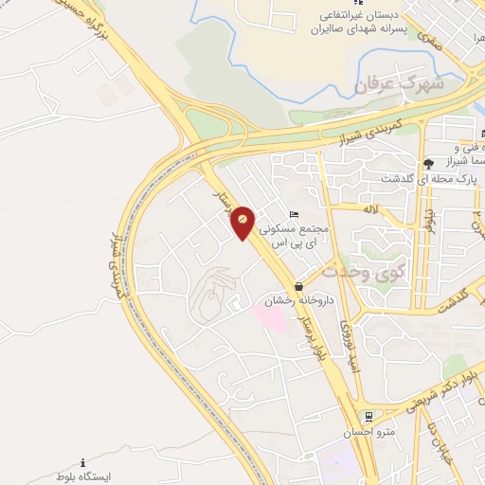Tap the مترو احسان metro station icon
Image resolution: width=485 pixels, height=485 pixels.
[368, 416]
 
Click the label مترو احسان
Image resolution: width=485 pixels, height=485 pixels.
[367, 433]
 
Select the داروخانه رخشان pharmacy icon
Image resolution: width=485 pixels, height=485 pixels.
[299, 286]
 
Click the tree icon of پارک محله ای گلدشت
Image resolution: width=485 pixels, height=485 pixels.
[428, 164]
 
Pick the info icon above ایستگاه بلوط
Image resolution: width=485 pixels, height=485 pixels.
[82, 462]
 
